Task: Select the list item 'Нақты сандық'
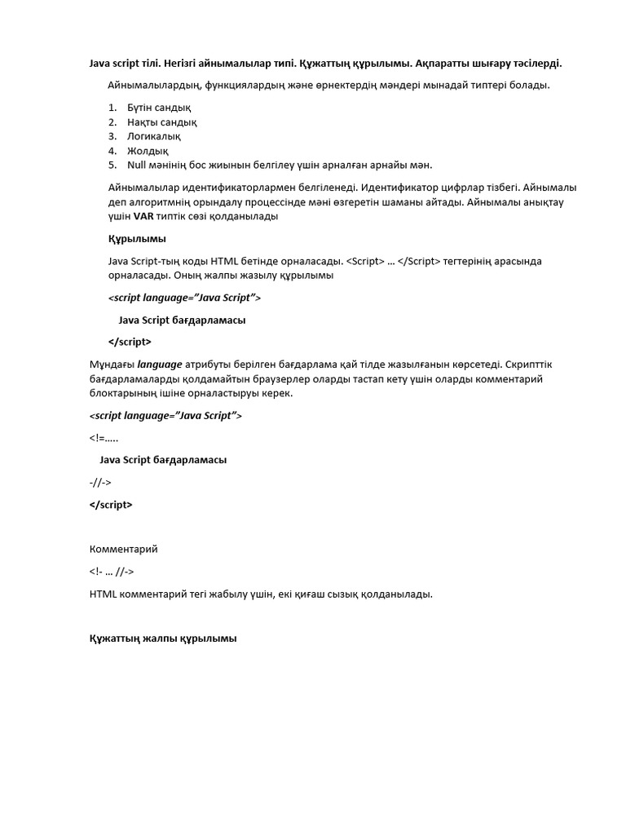161,122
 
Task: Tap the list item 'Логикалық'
154,136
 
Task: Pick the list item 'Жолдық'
148,151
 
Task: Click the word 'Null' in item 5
137,165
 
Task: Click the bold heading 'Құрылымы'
137,239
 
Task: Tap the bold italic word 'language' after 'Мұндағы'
160,364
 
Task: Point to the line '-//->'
100,483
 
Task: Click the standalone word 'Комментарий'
123,549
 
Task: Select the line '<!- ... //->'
112,572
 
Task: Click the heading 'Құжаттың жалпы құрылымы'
163,638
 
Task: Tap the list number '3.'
112,136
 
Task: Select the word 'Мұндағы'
112,364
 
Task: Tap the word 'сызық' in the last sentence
337,594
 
